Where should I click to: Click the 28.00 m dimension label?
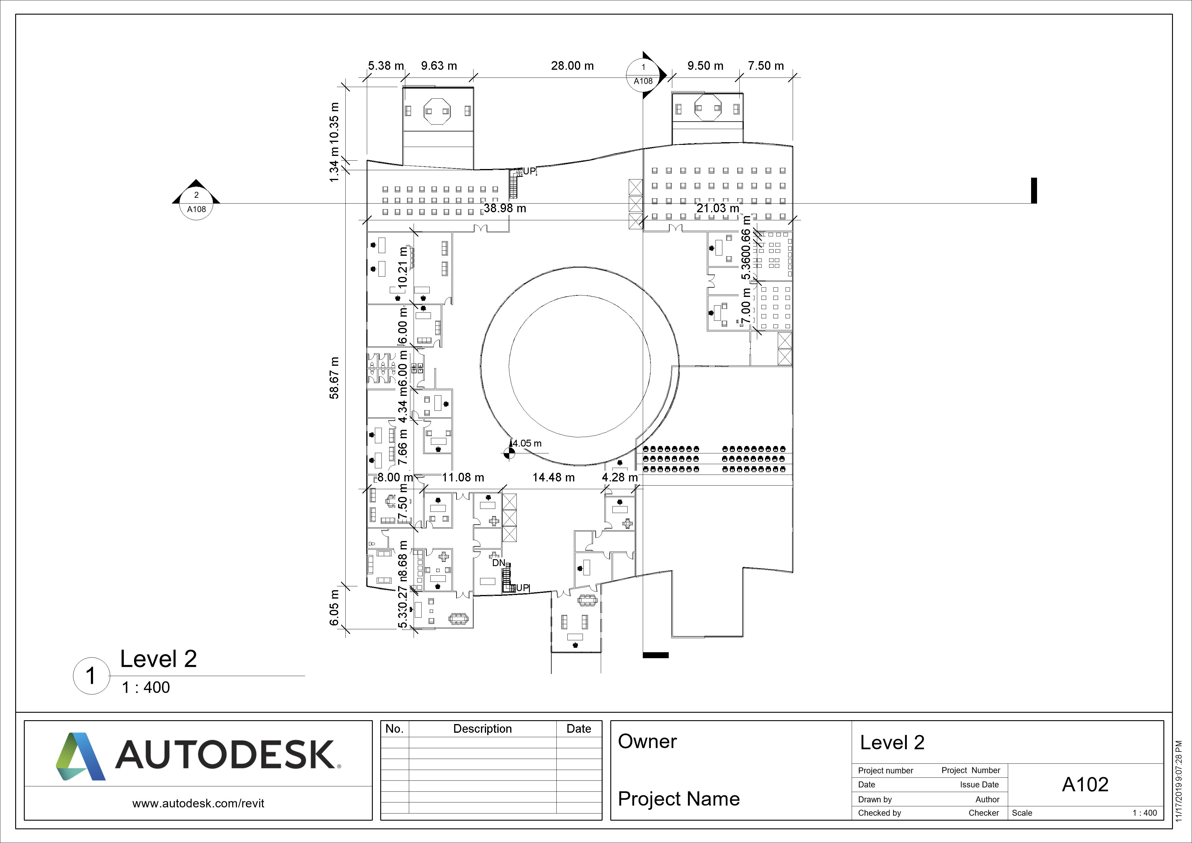coord(572,66)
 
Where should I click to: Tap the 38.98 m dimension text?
coord(505,208)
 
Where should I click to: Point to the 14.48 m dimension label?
coord(553,477)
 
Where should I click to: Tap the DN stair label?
coord(498,562)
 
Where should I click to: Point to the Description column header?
coord(482,729)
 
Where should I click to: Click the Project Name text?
coord(679,798)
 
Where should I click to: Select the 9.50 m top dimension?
coord(705,66)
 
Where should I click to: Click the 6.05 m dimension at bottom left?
coord(335,608)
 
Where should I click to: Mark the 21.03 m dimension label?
coord(718,208)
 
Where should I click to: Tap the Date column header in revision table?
coord(578,729)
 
